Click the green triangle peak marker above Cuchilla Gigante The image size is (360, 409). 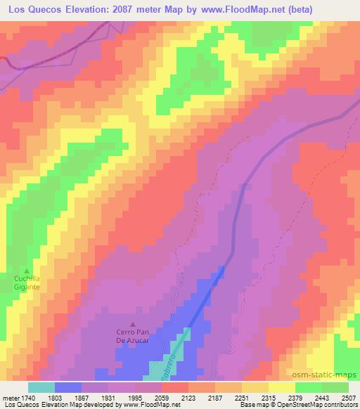tap(27, 271)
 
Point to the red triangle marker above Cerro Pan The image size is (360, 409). tap(134, 324)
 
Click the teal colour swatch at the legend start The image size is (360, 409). tap(41, 387)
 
